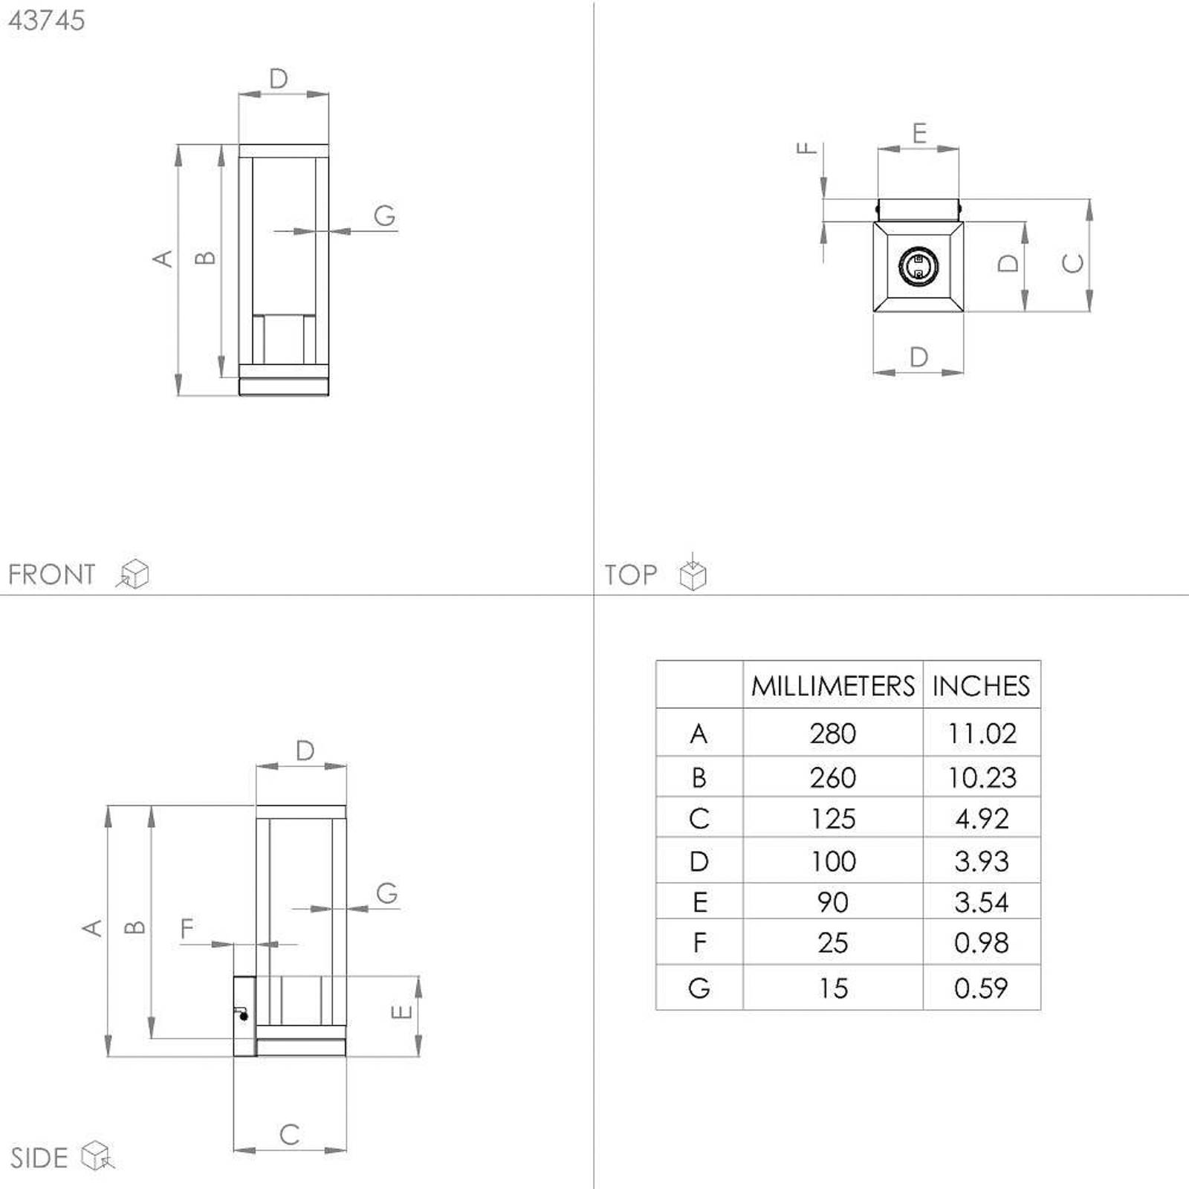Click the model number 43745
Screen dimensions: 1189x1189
tap(46, 20)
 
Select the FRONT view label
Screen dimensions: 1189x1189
tap(51, 574)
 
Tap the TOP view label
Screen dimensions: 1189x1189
tap(630, 574)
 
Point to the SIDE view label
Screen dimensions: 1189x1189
tap(39, 1158)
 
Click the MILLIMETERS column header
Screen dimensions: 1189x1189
tap(832, 685)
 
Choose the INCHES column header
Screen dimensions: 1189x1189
tap(981, 685)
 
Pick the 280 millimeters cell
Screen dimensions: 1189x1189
tap(833, 733)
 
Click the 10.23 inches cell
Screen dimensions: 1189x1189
tap(982, 777)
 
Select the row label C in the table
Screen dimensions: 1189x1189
tap(699, 818)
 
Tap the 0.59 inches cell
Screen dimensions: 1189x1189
tap(981, 988)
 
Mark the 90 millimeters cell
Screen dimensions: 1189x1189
tap(832, 902)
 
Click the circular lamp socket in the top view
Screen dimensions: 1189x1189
tap(919, 266)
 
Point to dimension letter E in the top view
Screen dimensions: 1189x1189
tap(919, 133)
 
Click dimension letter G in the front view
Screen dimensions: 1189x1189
tap(384, 216)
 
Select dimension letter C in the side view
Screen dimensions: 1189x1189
tap(290, 1134)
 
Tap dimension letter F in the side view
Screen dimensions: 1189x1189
tap(187, 928)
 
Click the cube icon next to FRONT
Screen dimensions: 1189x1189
tap(134, 574)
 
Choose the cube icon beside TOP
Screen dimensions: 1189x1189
tap(693, 572)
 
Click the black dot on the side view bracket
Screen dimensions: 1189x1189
tap(244, 1016)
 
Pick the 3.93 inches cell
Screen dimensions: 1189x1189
tap(982, 861)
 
